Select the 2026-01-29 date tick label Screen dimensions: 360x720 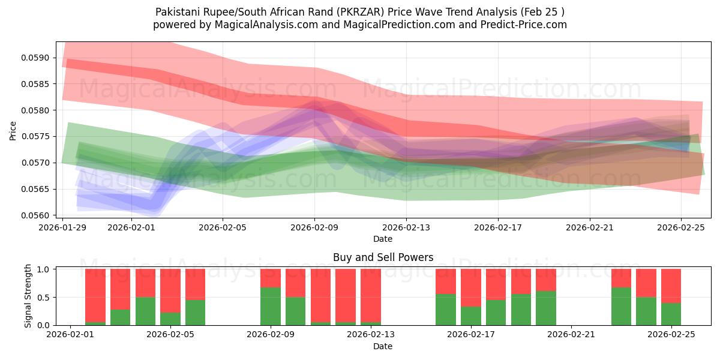click(63, 227)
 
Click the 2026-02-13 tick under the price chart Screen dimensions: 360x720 click(406, 227)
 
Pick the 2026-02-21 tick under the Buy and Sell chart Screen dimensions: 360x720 click(571, 335)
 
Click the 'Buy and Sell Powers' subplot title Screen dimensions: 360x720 click(383, 257)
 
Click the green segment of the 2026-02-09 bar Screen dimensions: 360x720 click(271, 307)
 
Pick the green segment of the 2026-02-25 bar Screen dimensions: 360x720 click(671, 314)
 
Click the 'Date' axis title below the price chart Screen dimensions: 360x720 click(383, 239)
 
